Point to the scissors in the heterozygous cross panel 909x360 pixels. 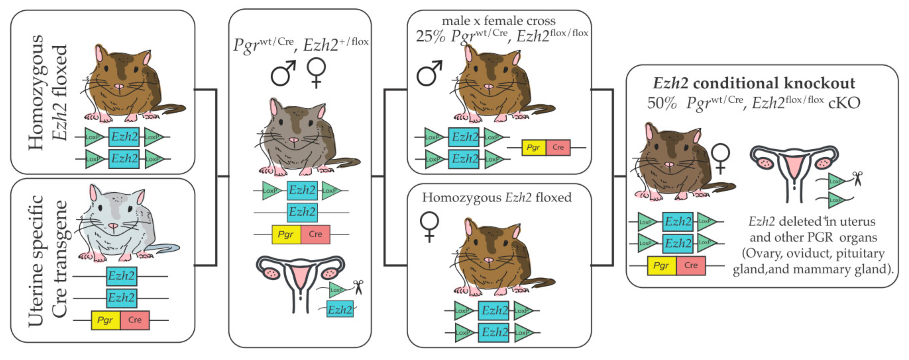pyautogui.click(x=358, y=286)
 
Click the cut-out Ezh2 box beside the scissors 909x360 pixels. pyautogui.click(x=339, y=309)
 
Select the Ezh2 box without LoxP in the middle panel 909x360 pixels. pyautogui.click(x=302, y=212)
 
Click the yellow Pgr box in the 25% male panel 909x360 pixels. pyautogui.click(x=533, y=147)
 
